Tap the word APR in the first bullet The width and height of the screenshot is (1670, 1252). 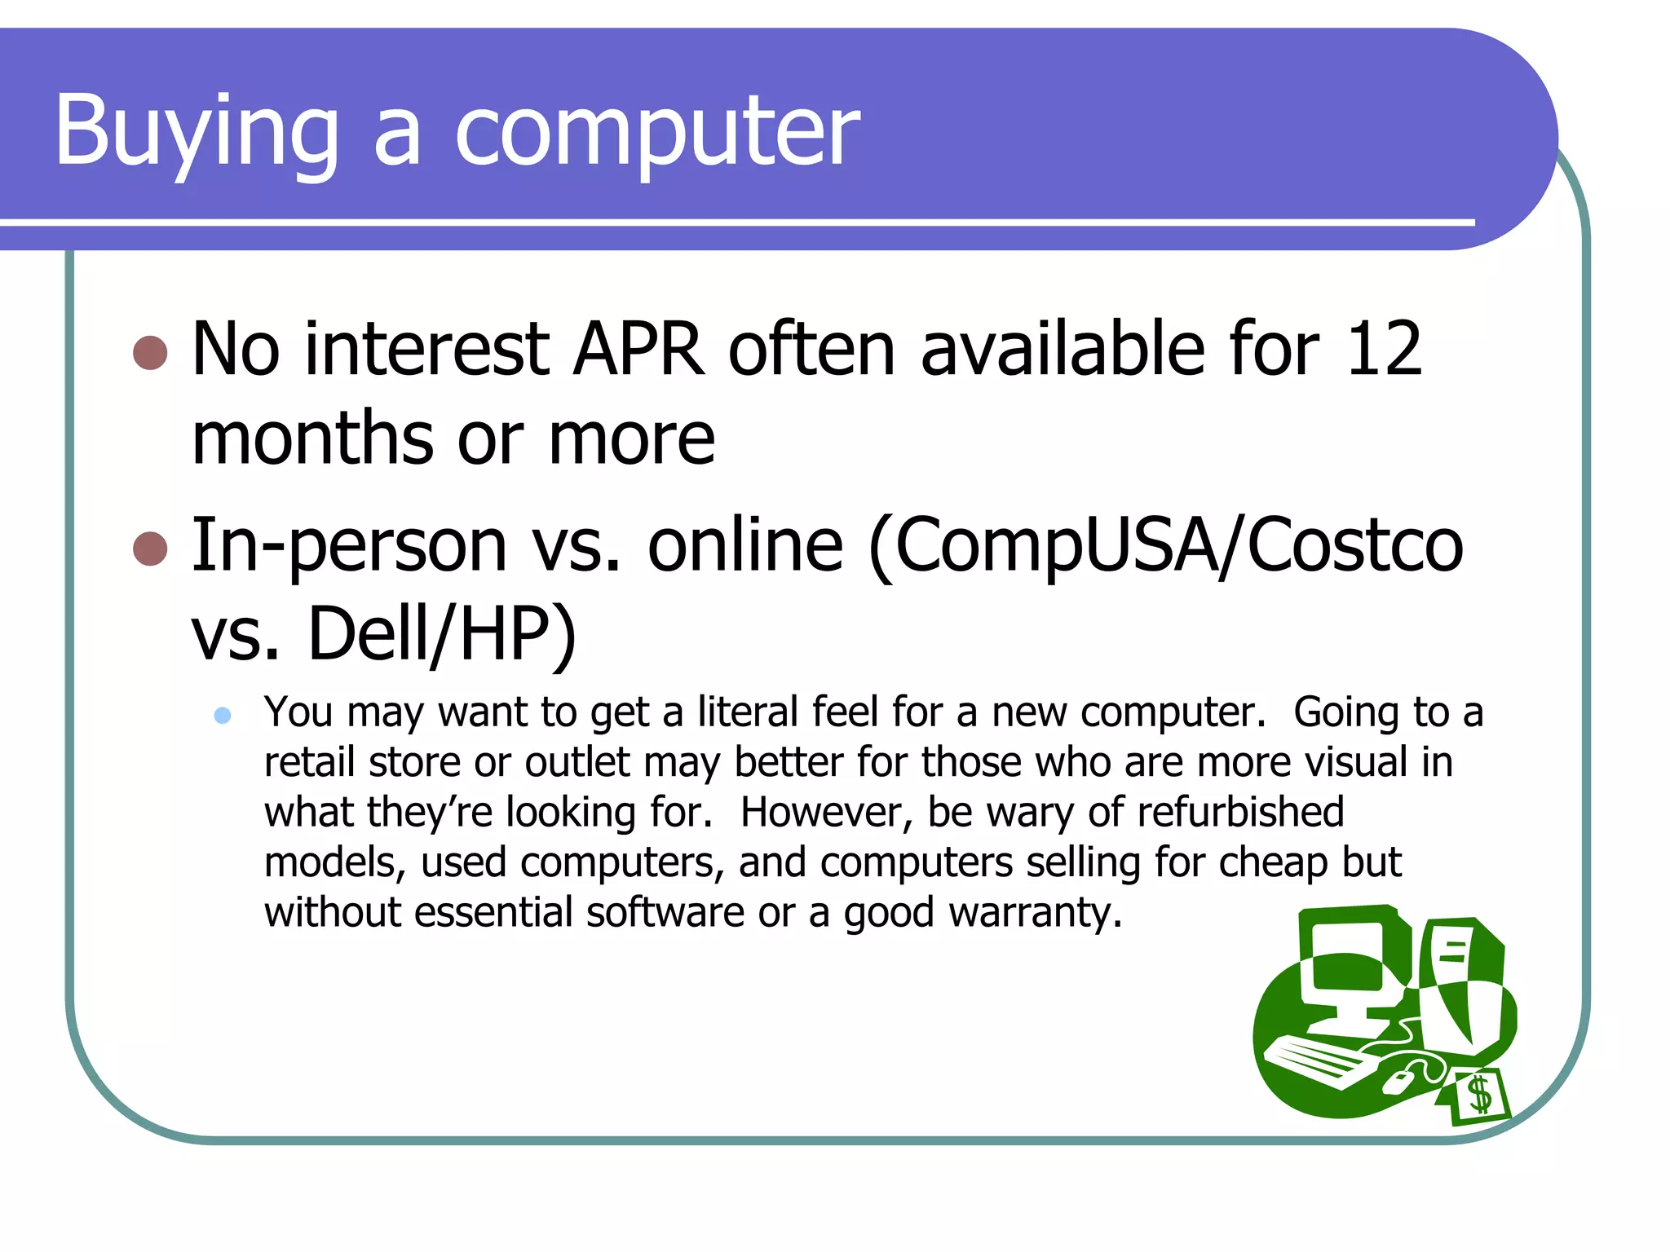[638, 349]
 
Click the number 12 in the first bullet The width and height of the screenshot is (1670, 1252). [1384, 349]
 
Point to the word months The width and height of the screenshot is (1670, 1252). [314, 439]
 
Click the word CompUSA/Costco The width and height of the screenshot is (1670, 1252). [1165, 544]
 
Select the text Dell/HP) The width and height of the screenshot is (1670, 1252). [441, 634]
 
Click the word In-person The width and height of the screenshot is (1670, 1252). [349, 544]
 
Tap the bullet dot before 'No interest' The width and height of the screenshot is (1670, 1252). [150, 353]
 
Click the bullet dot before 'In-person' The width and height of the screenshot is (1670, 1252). [150, 549]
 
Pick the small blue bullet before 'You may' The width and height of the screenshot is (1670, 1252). [223, 716]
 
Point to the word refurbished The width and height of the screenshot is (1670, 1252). [1240, 812]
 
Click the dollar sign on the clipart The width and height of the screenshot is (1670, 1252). [1479, 1095]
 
